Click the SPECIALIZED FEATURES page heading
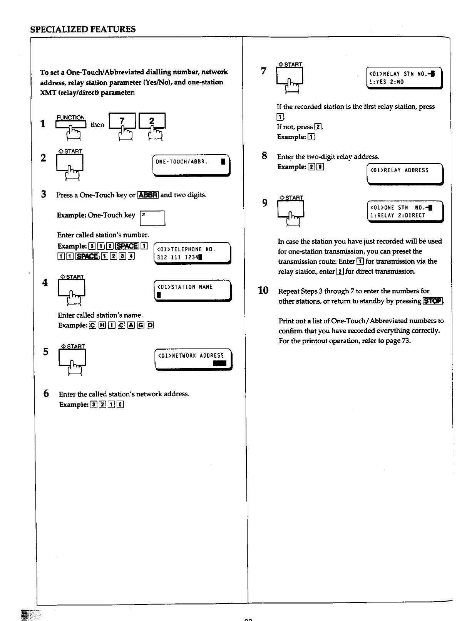point(83,29)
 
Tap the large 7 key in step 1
point(122,121)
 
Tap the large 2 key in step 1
point(152,121)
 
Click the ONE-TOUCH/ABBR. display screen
point(191,165)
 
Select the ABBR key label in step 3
point(148,195)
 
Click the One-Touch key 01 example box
point(152,218)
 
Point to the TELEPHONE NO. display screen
point(192,253)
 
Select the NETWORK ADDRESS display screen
point(193,359)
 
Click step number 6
point(46,394)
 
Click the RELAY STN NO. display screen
point(404,78)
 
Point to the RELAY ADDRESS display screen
point(405,174)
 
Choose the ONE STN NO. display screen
point(405,212)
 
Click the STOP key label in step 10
point(433,301)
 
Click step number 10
point(263,290)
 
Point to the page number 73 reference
point(405,341)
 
